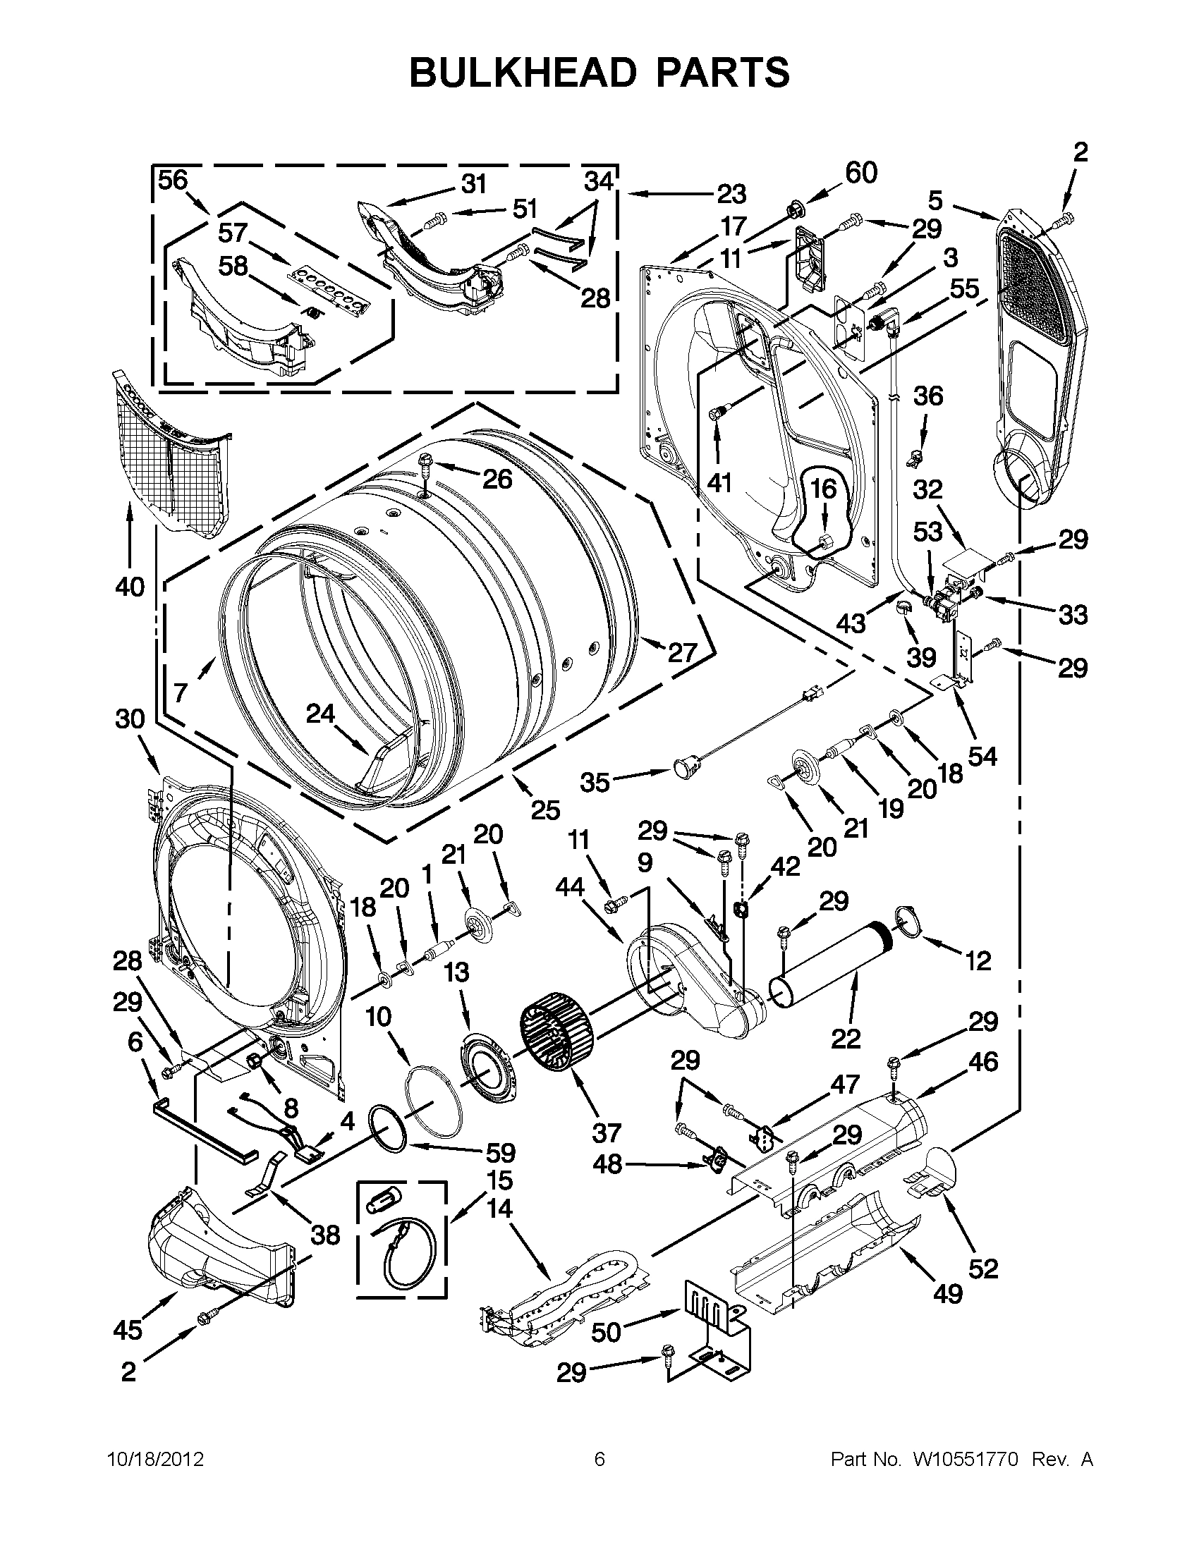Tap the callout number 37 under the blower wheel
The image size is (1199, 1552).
tap(606, 1132)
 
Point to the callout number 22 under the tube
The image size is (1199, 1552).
tap(845, 1039)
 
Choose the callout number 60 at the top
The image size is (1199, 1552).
tap(860, 173)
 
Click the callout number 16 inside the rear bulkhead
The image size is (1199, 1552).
tap(824, 489)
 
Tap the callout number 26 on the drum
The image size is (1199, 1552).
tap(497, 479)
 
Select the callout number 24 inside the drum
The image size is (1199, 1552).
tap(319, 713)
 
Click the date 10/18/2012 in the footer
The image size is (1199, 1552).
tap(156, 1460)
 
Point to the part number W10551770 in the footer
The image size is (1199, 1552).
tap(956, 1460)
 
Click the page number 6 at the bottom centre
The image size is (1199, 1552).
tap(599, 1460)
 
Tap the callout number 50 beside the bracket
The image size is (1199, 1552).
tap(607, 1333)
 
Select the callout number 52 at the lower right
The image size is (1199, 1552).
tap(983, 1269)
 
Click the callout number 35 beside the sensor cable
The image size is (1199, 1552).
tap(594, 783)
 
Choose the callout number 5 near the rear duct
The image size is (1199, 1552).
tap(935, 201)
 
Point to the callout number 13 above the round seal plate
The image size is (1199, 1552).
tap(456, 972)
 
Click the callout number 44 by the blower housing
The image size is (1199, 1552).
tap(570, 887)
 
